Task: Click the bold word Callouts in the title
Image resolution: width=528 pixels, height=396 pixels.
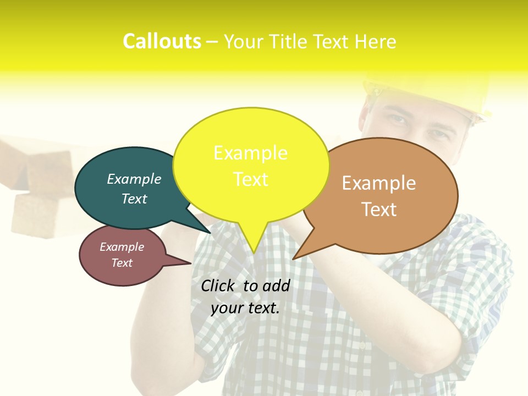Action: (162, 42)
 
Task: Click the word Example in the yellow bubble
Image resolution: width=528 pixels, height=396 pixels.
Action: (250, 152)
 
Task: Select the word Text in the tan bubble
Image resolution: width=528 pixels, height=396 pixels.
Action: (379, 210)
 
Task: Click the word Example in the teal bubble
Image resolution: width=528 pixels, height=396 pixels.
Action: (134, 179)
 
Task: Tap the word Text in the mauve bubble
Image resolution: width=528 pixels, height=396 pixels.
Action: (122, 263)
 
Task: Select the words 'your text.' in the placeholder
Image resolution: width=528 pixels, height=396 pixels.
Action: (245, 308)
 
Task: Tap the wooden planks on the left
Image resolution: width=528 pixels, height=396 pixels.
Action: (41, 187)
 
